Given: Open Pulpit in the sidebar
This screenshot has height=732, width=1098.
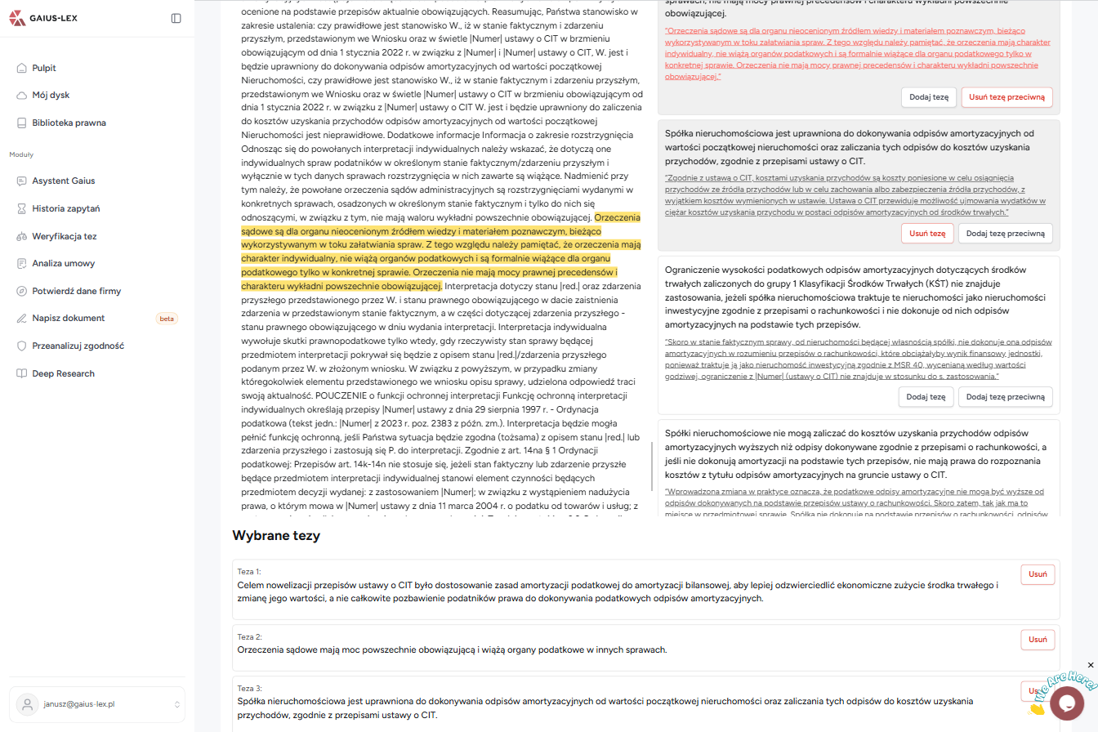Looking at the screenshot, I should pyautogui.click(x=44, y=68).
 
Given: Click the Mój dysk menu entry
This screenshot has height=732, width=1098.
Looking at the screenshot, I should pyautogui.click(x=51, y=95).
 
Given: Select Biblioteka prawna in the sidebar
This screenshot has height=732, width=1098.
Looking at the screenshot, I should pyautogui.click(x=69, y=123).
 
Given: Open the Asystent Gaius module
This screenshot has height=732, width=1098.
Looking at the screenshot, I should pyautogui.click(x=63, y=181).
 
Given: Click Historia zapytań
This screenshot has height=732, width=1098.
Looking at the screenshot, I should pyautogui.click(x=65, y=208).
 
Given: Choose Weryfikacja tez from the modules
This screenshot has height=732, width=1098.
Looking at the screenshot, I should pyautogui.click(x=64, y=236).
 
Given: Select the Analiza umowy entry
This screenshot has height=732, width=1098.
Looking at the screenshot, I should pyautogui.click(x=63, y=263).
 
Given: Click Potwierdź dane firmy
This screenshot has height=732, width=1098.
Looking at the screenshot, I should pyautogui.click(x=76, y=291).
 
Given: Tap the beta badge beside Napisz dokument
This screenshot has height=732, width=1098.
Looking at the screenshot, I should pyautogui.click(x=167, y=319).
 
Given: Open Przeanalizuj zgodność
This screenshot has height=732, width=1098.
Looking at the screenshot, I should pyautogui.click(x=78, y=346).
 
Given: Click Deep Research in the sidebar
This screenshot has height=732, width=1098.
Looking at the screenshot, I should pyautogui.click(x=63, y=373).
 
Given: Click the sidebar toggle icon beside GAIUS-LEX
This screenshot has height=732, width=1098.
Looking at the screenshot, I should pyautogui.click(x=176, y=18).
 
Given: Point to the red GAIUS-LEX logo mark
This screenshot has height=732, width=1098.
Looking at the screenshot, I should pyautogui.click(x=18, y=18).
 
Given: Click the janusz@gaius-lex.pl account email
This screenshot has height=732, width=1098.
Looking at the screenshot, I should pyautogui.click(x=79, y=704).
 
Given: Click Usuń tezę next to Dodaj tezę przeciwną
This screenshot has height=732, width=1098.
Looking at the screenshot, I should pyautogui.click(x=927, y=233).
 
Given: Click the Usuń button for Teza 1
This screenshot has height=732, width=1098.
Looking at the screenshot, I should pyautogui.click(x=1038, y=574).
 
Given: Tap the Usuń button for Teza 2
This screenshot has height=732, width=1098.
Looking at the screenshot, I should pyautogui.click(x=1038, y=640).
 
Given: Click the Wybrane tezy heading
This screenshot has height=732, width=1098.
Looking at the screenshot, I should pyautogui.click(x=276, y=536).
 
